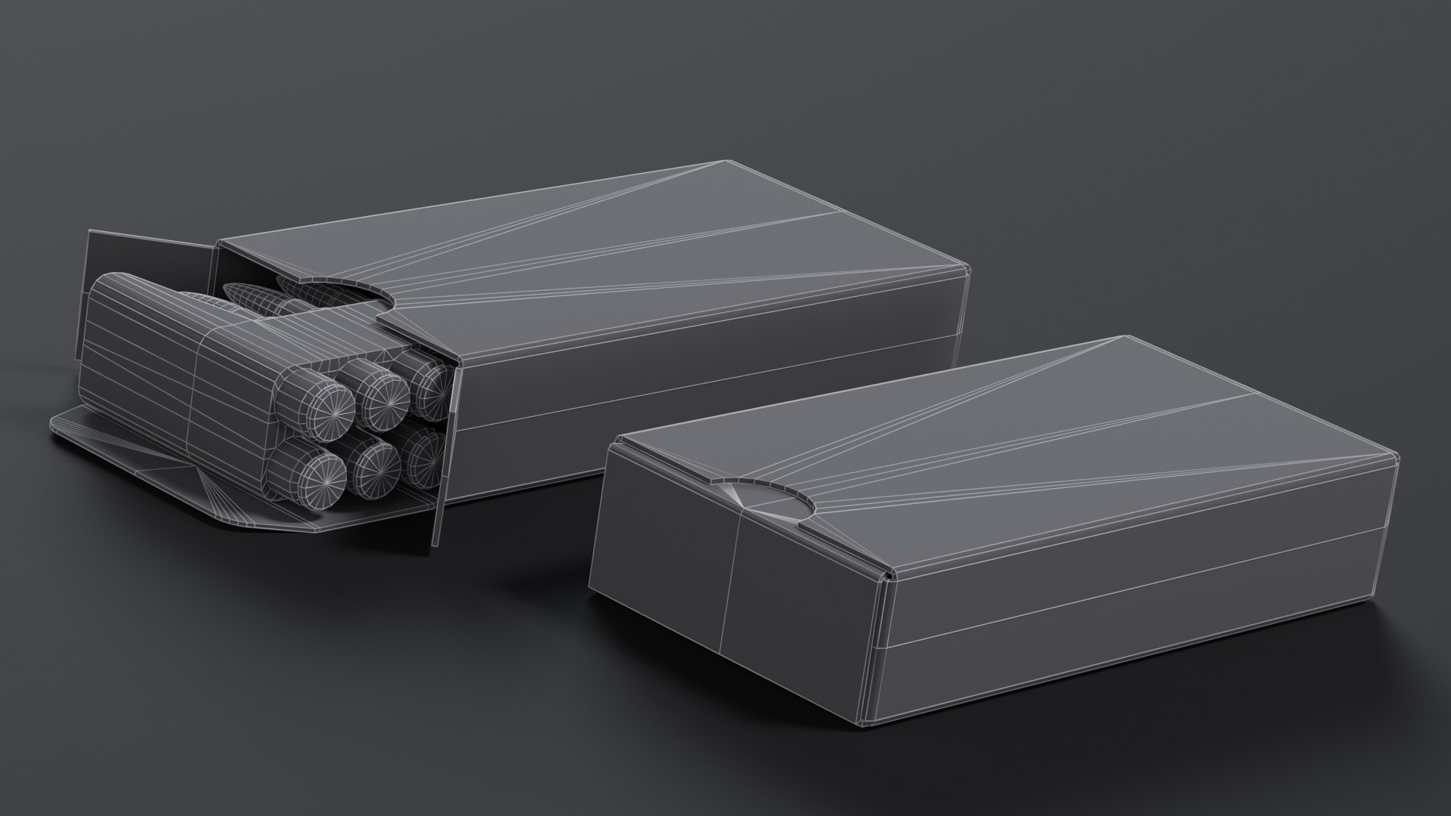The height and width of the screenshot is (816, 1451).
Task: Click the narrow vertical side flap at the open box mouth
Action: (x=446, y=453)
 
